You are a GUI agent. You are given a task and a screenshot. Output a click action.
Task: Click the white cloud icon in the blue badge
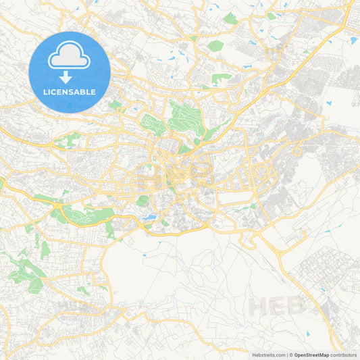[x=70, y=60]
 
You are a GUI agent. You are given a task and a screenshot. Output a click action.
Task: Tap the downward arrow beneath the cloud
[x=70, y=76]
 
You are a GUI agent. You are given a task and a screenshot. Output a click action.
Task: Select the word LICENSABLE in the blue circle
[x=70, y=91]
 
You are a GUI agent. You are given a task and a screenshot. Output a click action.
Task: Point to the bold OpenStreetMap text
[x=312, y=355]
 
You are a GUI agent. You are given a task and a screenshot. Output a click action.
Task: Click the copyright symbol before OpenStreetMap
[x=291, y=355]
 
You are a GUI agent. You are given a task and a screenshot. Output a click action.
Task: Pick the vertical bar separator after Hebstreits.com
[x=286, y=355]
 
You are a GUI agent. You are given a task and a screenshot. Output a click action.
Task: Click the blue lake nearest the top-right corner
[x=353, y=41]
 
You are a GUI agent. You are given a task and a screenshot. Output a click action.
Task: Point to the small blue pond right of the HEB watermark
[x=323, y=291]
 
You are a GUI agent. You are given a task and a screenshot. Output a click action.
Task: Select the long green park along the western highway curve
[x=81, y=215]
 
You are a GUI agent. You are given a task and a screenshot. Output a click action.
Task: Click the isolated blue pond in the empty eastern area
[x=329, y=103]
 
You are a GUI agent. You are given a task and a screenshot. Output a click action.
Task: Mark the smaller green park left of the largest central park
[x=153, y=124]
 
